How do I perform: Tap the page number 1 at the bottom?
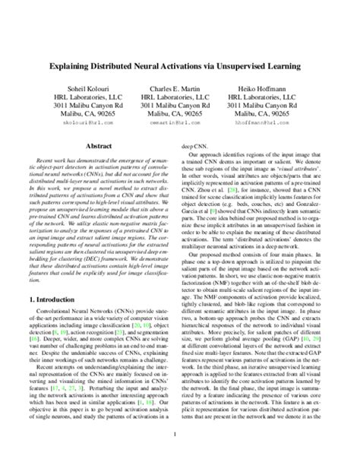coord(180,435)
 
